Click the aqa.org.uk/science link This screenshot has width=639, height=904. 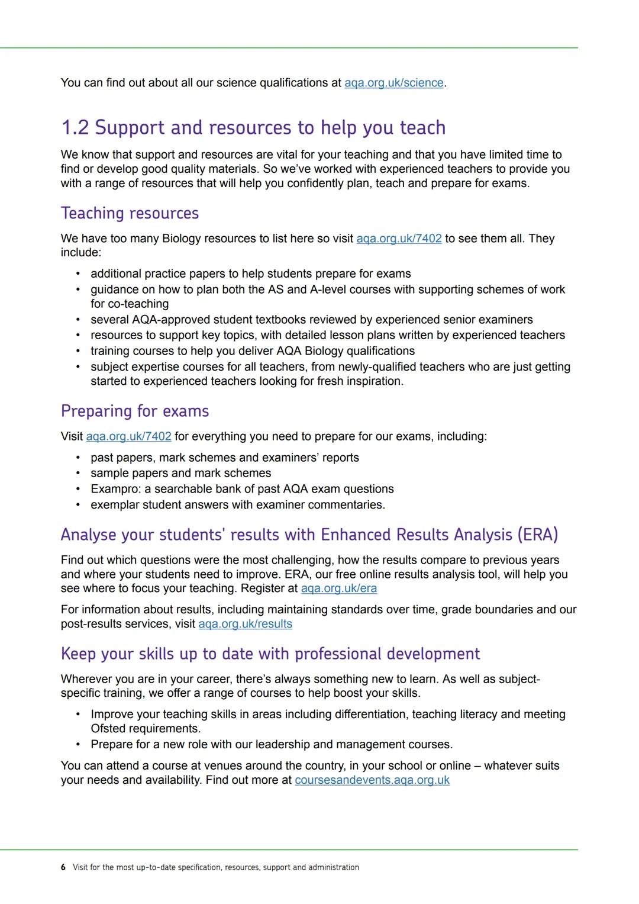393,83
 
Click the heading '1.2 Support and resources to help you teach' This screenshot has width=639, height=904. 253,128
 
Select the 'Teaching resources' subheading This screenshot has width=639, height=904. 130,213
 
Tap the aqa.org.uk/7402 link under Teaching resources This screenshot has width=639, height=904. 399,239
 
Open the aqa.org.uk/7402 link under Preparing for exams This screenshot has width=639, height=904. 128,436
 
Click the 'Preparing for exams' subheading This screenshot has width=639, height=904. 135,411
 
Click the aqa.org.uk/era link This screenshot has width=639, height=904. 338,588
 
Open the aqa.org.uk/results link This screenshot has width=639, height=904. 245,624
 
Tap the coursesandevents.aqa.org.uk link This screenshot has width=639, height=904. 372,780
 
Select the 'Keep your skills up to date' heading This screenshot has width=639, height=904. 270,654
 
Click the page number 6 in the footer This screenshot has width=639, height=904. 63,867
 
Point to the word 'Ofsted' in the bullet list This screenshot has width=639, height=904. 108,729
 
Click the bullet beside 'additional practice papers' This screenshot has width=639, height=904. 78,274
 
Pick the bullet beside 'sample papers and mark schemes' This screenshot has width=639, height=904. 78,474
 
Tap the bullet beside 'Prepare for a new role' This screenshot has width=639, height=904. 78,744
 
